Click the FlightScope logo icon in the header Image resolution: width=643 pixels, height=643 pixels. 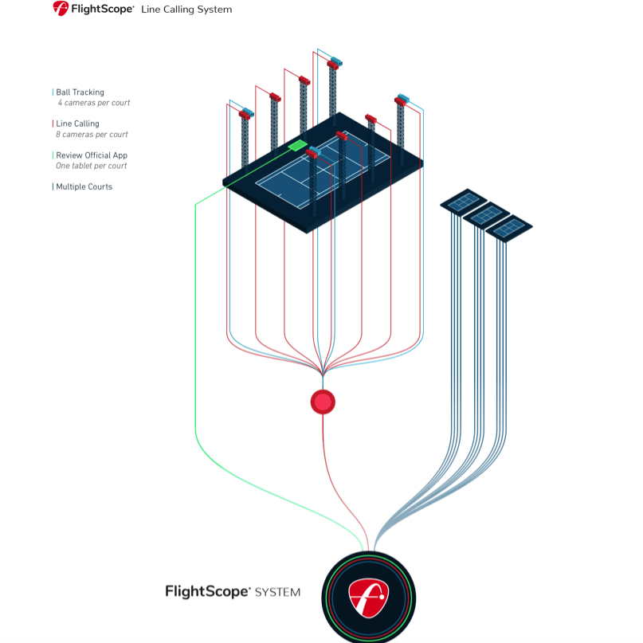[x=61, y=9]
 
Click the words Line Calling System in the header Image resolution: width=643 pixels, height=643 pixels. [x=186, y=10]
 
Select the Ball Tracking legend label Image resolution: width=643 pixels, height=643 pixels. [x=80, y=92]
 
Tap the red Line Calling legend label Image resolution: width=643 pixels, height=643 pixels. [x=77, y=124]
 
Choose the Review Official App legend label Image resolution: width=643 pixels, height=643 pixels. [x=91, y=155]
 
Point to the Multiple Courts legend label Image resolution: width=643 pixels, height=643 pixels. [x=84, y=186]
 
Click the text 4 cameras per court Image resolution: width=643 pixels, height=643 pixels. [x=93, y=103]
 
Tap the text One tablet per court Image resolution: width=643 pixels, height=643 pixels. [x=91, y=166]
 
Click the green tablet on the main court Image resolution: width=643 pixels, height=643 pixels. [x=297, y=146]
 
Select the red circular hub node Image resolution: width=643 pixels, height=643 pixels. [x=323, y=402]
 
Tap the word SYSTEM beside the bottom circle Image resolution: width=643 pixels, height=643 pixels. [x=278, y=592]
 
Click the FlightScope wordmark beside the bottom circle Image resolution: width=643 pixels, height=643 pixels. [x=208, y=591]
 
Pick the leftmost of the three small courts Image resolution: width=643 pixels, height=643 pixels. [x=464, y=201]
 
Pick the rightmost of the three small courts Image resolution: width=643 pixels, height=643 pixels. [x=509, y=227]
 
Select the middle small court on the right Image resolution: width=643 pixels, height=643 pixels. [x=486, y=214]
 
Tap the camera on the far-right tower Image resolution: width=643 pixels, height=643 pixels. [x=402, y=100]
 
